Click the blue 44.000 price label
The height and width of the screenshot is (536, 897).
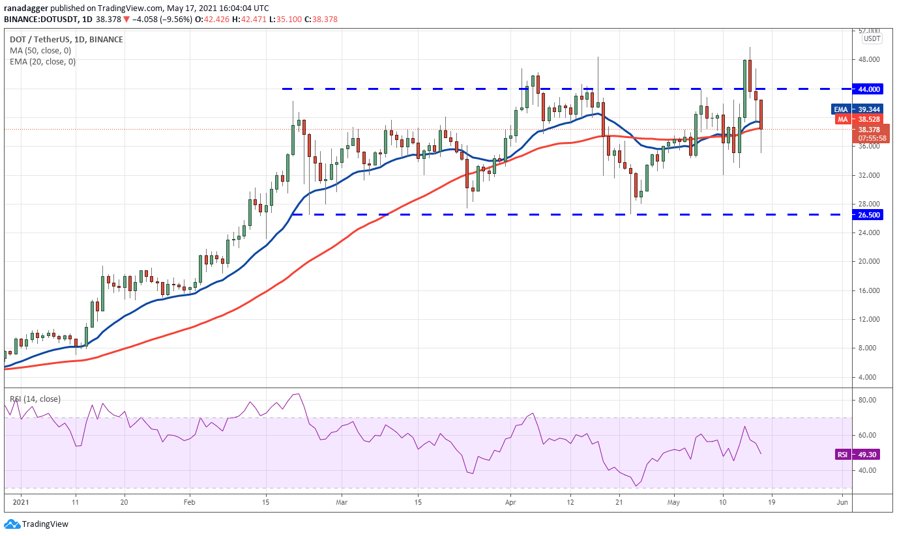coord(868,89)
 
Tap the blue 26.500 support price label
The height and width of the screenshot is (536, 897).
coord(868,215)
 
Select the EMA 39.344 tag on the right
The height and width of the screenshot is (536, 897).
coord(857,109)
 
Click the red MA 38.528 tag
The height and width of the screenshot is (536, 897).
coord(859,119)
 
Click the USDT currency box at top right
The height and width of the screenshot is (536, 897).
coord(872,39)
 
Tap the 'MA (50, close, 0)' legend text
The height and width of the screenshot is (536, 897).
coord(40,51)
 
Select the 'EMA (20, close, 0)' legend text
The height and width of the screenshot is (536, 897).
coord(43,62)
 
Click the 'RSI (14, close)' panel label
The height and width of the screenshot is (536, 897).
coord(35,399)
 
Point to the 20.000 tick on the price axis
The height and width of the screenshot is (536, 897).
coord(868,261)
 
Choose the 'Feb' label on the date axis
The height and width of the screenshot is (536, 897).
coord(190,502)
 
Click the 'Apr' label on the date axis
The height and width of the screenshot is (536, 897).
coord(510,502)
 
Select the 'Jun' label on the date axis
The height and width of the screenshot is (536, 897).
coord(842,502)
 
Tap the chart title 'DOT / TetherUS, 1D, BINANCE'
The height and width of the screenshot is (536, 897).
coord(66,39)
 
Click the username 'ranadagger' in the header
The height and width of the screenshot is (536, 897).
coord(26,8)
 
